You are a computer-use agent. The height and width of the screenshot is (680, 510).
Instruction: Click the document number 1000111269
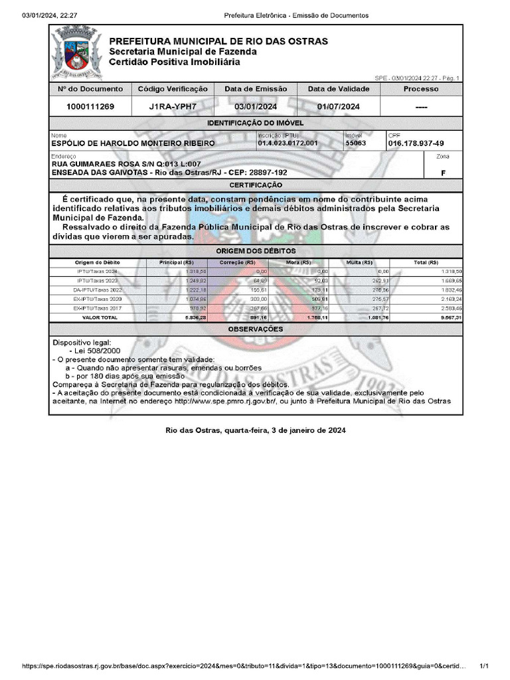click(90, 107)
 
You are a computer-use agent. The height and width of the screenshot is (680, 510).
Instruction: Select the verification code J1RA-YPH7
click(173, 107)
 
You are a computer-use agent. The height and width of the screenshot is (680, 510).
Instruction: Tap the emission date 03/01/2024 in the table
click(256, 107)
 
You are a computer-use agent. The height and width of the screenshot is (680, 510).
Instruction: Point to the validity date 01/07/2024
click(338, 107)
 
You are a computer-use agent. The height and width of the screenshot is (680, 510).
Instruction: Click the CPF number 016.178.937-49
click(416, 143)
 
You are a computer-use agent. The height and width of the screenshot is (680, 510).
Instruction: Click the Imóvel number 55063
click(355, 143)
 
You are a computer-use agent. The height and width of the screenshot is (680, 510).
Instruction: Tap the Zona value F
click(443, 173)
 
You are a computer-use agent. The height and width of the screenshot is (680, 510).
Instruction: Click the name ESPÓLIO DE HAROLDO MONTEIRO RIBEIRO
click(133, 143)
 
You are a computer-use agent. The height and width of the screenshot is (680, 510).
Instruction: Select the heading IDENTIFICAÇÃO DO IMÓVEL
click(256, 124)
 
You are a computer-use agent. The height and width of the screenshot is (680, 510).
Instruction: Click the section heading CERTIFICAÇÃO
click(256, 185)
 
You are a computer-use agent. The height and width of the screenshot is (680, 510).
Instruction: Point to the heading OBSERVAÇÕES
click(256, 329)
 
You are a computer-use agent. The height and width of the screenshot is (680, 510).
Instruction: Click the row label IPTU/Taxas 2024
click(97, 272)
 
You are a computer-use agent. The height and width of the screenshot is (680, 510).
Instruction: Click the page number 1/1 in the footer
click(483, 666)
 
